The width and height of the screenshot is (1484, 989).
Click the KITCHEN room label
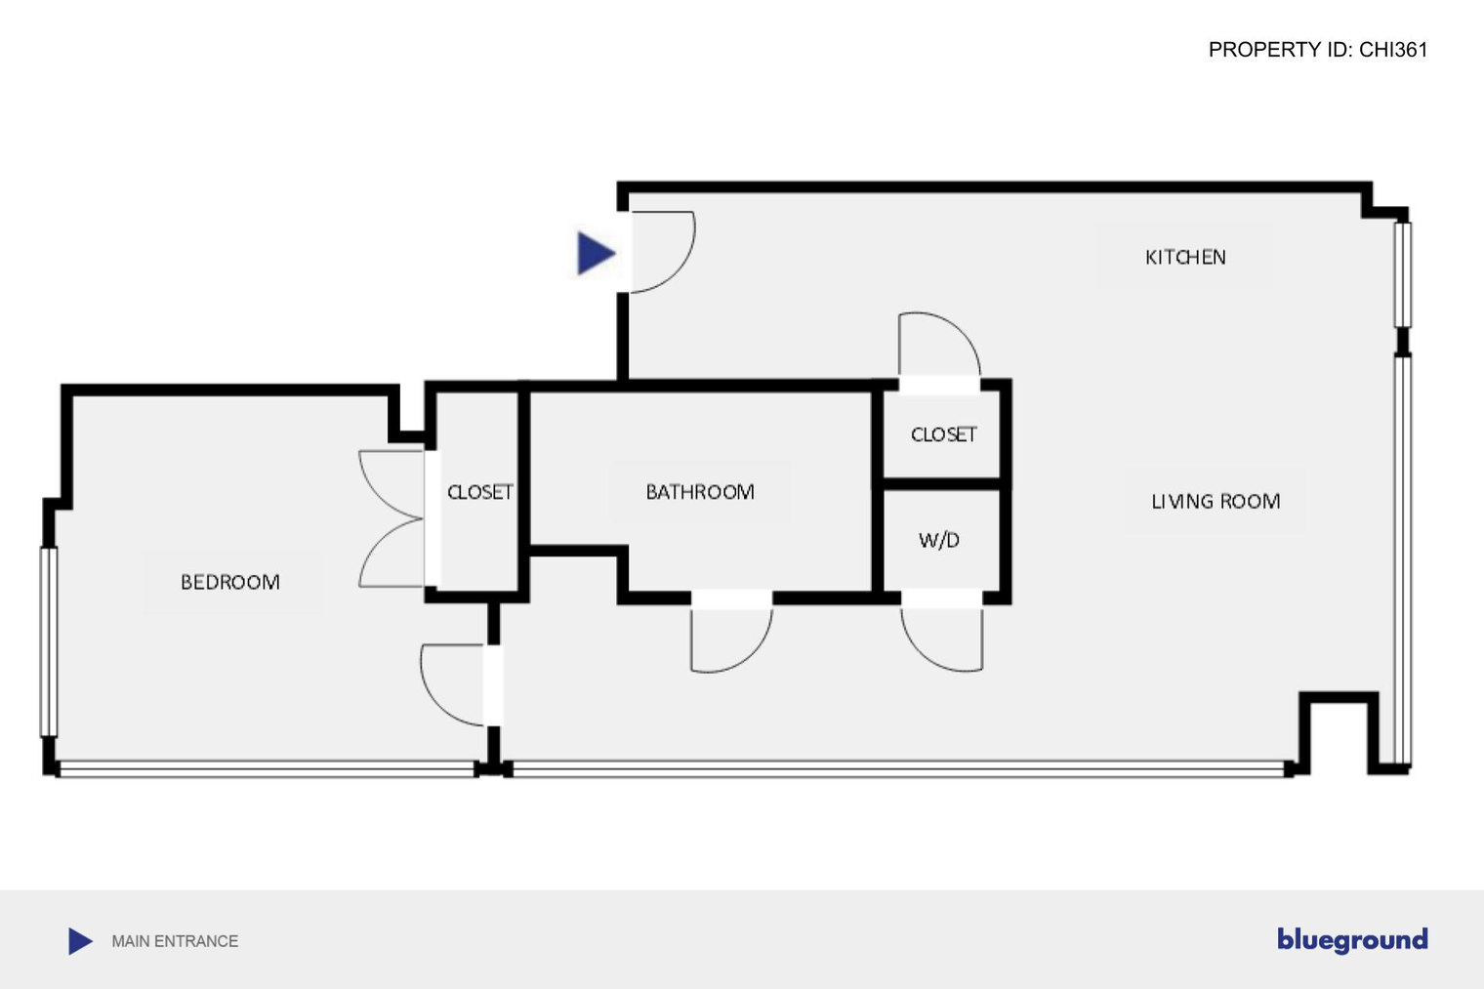(x=1185, y=257)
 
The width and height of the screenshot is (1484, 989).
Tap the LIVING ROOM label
(x=1216, y=502)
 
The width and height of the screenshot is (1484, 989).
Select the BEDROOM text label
(x=229, y=582)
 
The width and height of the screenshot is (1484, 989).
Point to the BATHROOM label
(x=700, y=491)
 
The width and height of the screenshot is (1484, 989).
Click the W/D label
(x=939, y=540)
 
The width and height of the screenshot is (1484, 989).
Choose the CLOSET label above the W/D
(x=943, y=434)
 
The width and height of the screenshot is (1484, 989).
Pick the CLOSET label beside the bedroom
(x=479, y=492)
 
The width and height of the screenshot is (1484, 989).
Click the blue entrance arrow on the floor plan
(x=595, y=253)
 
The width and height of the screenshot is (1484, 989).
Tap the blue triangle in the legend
(x=79, y=941)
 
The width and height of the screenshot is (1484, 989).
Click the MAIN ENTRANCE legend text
(x=175, y=941)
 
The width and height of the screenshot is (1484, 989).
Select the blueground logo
(x=1352, y=940)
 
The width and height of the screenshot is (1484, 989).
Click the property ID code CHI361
(x=1393, y=50)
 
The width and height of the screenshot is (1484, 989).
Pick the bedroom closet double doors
(x=391, y=518)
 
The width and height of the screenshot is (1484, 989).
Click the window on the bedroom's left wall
(x=49, y=641)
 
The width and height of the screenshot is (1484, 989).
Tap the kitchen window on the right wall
(x=1403, y=275)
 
